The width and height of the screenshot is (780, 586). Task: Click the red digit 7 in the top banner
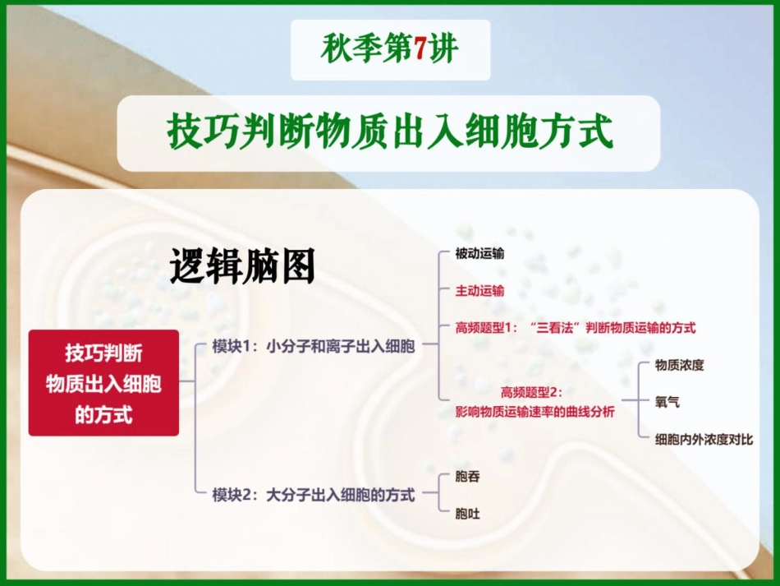tap(420, 49)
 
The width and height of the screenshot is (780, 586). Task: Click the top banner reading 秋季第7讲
tap(390, 50)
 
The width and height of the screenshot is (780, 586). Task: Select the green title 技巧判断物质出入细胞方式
tap(390, 132)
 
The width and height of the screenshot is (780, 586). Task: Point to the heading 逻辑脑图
tap(242, 266)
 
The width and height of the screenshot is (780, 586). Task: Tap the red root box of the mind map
tap(103, 383)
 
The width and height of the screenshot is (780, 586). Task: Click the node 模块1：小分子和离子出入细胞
tap(314, 346)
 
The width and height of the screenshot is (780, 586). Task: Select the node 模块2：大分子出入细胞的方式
tap(314, 495)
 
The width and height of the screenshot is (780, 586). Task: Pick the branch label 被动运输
tap(479, 254)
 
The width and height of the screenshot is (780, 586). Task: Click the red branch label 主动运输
tap(479, 290)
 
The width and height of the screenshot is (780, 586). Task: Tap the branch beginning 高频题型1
tap(575, 327)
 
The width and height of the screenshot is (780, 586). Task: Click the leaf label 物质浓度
tap(679, 365)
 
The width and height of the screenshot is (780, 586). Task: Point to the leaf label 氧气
tap(667, 403)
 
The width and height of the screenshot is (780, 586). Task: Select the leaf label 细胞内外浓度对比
tap(704, 440)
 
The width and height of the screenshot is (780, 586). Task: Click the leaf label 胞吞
tap(467, 477)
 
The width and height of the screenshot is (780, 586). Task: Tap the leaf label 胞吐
tap(467, 514)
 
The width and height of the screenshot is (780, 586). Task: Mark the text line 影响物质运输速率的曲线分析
tap(535, 412)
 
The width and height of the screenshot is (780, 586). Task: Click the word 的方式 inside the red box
tap(103, 415)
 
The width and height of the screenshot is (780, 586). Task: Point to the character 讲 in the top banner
tap(444, 50)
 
